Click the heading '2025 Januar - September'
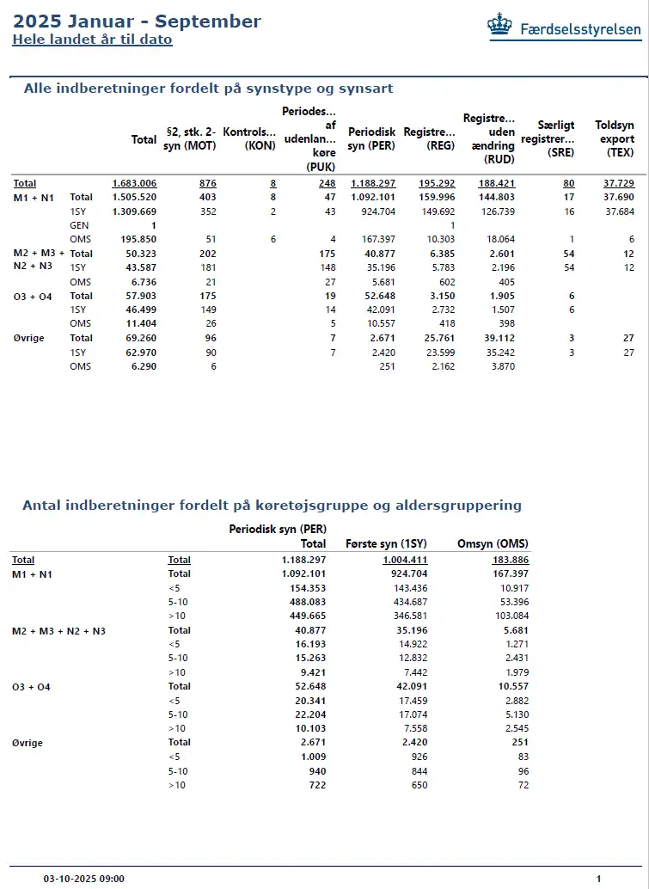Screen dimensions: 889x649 pos(137,21)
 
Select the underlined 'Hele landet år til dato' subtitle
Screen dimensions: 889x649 pos(92,40)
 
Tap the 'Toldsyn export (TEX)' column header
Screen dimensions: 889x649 pos(615,139)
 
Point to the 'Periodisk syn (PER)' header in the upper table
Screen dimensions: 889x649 pos(371,139)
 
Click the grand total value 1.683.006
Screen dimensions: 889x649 pos(134,183)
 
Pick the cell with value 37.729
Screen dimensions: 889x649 pos(619,183)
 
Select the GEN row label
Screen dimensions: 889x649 pos(80,224)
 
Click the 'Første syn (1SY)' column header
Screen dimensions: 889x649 pos(386,543)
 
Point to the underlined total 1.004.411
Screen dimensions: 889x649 pos(405,560)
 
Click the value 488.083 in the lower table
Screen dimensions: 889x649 pos(308,601)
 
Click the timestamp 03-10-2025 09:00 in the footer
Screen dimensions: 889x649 pos(84,879)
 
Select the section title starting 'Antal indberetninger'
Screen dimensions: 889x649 pos(272,505)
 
